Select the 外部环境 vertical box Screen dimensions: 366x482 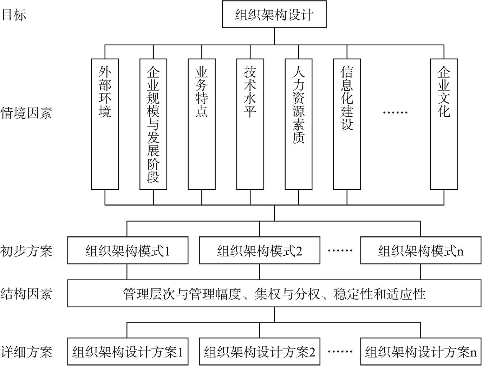point(105,124)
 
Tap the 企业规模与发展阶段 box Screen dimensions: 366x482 point(153,124)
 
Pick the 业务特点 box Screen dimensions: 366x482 point(202,124)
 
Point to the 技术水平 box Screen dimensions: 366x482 point(250,124)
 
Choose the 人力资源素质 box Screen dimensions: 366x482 point(299,124)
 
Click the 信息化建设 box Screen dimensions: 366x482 point(347,124)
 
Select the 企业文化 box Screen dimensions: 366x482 point(444,124)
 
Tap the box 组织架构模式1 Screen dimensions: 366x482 point(128,250)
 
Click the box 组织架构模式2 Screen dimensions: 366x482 point(260,250)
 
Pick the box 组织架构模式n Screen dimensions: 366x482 point(421,250)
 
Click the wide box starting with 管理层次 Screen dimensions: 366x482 point(274,294)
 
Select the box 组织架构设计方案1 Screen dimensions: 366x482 point(128,352)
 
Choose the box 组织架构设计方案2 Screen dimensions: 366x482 point(260,352)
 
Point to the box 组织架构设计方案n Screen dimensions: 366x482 point(421,352)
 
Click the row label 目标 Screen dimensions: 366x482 point(14,15)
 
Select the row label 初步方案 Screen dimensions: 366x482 point(26,251)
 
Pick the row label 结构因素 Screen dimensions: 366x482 point(26,294)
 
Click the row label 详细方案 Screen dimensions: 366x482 point(26,352)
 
